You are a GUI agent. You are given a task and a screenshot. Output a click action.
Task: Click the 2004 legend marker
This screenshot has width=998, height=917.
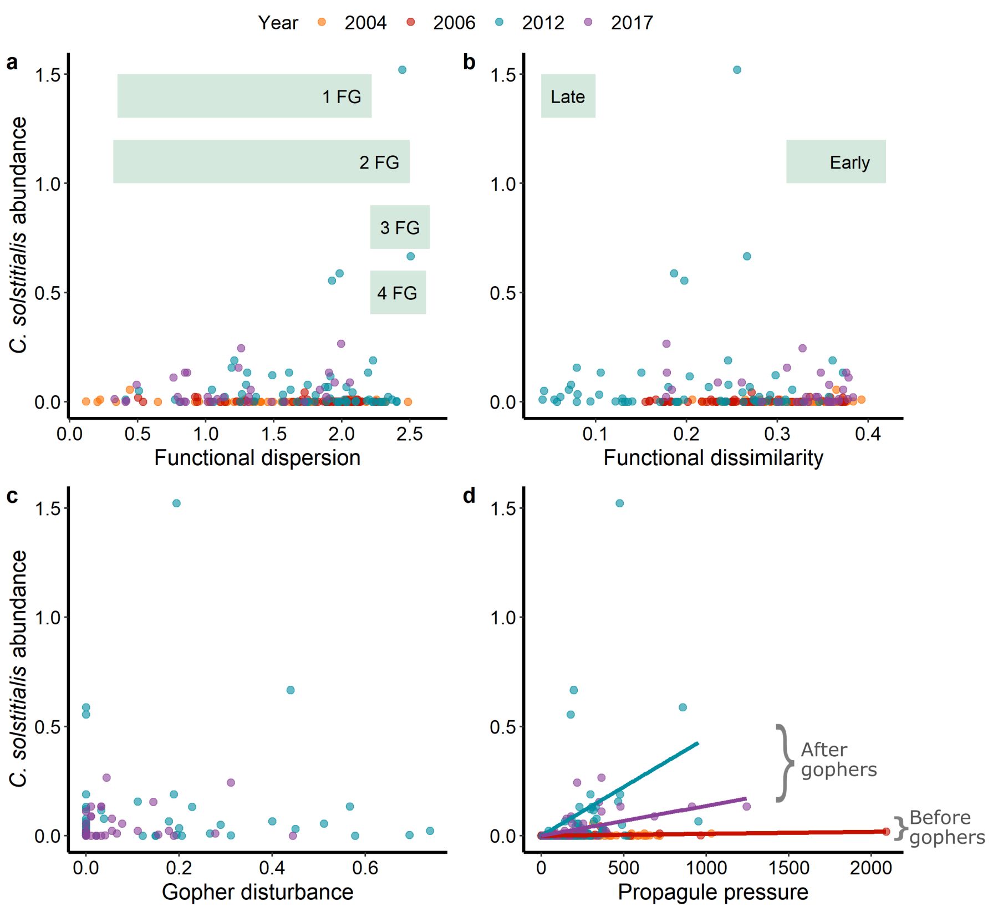coord(322,22)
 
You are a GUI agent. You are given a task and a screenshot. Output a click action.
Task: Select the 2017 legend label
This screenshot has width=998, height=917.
coord(632,23)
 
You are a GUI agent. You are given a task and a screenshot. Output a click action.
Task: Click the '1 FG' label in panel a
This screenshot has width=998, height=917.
coord(342,96)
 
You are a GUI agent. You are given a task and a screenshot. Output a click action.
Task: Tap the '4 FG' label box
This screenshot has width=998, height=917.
coord(398,293)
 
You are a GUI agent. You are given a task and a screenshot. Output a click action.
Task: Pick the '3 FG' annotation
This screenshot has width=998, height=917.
coord(400,227)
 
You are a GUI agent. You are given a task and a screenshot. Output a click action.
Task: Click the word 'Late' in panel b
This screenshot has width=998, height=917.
coord(567,96)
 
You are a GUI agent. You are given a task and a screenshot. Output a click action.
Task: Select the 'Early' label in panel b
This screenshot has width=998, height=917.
coord(849,162)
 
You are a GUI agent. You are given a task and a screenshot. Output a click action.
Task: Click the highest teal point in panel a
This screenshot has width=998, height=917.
coord(402,70)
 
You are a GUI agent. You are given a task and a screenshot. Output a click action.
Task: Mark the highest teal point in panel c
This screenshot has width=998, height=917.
coord(176,503)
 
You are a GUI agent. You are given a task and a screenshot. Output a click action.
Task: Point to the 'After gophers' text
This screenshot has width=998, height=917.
coord(838,760)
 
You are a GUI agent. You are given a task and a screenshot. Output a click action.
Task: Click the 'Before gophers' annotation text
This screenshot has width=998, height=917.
coord(946,828)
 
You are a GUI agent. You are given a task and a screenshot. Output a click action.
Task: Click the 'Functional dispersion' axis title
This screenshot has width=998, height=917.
coord(257,458)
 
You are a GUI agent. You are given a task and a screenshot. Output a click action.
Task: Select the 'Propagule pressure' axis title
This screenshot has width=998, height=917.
coord(712,893)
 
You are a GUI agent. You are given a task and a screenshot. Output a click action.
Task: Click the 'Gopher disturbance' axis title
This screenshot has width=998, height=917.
coord(257,893)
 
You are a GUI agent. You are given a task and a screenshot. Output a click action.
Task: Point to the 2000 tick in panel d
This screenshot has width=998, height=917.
coord(871,868)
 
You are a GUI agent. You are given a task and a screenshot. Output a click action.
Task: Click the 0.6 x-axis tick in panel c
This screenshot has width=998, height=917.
coord(365,868)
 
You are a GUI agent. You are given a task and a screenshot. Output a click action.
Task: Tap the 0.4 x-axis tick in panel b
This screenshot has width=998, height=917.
coord(868,434)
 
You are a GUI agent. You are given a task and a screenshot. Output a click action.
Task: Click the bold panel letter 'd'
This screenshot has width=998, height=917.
coord(469,496)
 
